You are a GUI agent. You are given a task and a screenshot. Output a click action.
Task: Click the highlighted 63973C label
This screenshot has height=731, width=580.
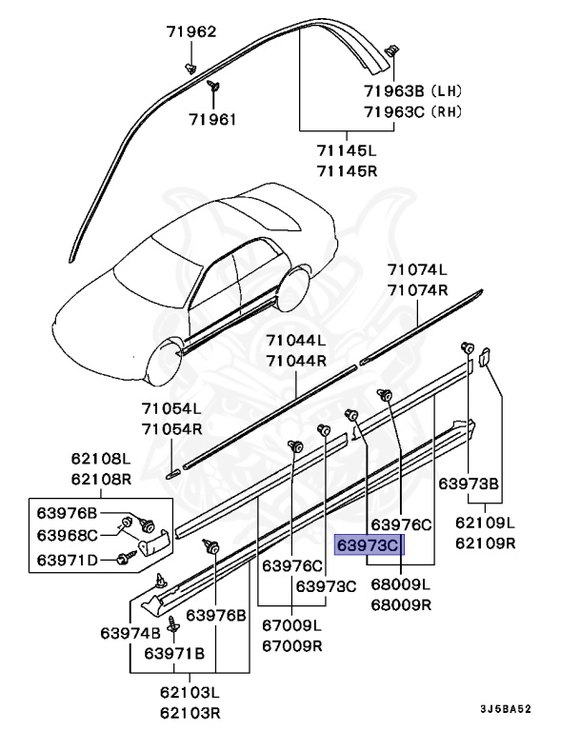pos(369,544)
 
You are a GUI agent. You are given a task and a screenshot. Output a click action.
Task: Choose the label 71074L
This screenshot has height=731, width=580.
pos(417,271)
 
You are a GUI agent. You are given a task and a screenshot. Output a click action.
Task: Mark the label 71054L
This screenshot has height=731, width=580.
pos(171,409)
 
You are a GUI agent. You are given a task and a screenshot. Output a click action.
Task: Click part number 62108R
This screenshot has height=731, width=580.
pos(99,479)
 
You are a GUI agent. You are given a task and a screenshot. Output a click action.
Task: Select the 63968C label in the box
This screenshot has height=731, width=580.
pos(67,534)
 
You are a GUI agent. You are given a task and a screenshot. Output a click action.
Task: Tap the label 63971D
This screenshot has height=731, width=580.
pos(67,559)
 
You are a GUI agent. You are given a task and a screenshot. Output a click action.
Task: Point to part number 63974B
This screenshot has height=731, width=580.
pos(130,632)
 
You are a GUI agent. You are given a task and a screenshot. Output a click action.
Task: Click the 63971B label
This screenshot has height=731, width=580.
pos(174,653)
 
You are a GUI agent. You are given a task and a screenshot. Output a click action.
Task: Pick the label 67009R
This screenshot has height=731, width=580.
pos(292,644)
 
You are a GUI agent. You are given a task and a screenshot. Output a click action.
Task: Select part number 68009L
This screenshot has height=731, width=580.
pos(400,583)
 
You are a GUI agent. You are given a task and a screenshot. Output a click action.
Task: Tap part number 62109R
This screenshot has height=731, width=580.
pos(485,543)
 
